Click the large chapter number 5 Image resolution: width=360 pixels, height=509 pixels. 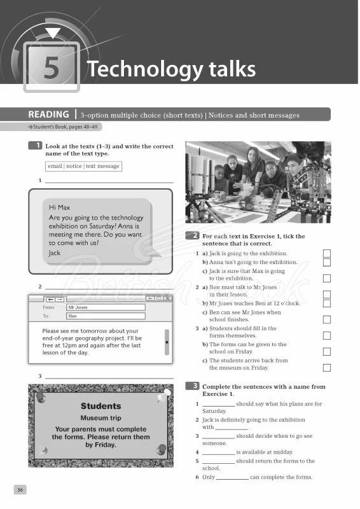pos(51,69)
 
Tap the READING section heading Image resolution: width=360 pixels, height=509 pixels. pos(48,115)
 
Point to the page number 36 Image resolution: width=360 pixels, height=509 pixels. pos(20,489)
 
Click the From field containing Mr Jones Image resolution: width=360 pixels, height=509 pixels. pos(106,307)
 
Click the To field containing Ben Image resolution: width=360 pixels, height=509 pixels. pos(106,316)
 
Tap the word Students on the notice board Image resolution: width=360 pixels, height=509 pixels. pos(100,406)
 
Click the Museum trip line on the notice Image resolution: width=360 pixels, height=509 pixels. pos(100,418)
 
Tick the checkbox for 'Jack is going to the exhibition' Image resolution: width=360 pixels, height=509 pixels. pos(327,254)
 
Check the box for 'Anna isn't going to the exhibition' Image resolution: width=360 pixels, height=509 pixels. pos(327,262)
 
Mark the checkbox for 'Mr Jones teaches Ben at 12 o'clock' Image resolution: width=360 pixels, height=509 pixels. pos(327,303)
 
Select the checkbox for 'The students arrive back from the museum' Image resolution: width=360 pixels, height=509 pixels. pos(327,368)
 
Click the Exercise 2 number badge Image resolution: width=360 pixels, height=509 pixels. pos(191,236)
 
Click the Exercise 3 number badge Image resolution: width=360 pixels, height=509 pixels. pos(191,386)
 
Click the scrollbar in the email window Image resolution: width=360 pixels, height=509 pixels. pos(167,342)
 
